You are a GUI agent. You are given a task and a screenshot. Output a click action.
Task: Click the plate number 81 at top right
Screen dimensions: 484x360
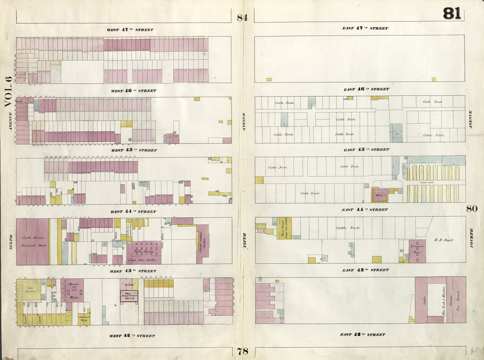[452, 14]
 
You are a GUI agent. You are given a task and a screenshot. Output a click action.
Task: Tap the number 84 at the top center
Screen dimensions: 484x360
[242, 18]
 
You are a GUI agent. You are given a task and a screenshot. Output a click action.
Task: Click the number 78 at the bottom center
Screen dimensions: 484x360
[242, 351]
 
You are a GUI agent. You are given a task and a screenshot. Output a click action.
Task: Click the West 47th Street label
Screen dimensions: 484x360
[130, 30]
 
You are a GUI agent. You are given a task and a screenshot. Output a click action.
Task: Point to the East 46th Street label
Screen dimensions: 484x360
[366, 89]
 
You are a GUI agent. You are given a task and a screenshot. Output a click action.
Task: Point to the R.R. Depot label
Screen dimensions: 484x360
[443, 240]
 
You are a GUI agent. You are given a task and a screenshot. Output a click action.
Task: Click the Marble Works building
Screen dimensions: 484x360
[74, 289]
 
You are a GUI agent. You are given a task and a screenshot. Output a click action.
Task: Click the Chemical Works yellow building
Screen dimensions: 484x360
[84, 318]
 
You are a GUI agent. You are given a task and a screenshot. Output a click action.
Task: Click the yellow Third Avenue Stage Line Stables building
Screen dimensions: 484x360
[285, 228]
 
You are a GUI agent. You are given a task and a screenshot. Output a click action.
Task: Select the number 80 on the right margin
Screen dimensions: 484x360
[472, 209]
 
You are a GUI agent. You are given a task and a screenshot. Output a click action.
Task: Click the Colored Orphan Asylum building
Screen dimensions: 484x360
[202, 244]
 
